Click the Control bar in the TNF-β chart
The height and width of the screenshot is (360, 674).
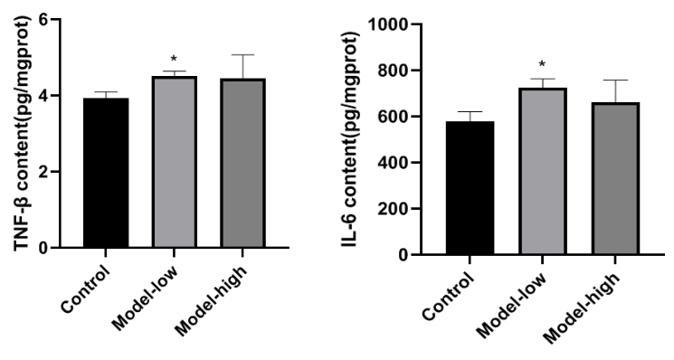(x=106, y=173)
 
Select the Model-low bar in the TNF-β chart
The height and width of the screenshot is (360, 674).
(x=174, y=162)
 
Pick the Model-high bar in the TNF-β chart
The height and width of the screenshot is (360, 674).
(x=242, y=163)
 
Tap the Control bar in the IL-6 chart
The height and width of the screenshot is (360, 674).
(x=470, y=188)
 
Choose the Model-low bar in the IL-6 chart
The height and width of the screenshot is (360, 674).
(x=543, y=171)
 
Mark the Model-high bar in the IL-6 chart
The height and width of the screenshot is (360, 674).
(x=615, y=178)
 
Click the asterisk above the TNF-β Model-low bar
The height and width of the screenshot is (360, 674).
(x=174, y=59)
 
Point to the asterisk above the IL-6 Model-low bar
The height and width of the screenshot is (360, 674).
(x=543, y=64)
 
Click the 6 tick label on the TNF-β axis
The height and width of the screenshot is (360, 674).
(x=43, y=19)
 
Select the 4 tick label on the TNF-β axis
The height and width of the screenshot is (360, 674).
(x=43, y=95)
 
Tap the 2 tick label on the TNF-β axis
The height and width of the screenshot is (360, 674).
(x=43, y=172)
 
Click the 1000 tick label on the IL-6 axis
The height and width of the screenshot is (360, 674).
(x=388, y=24)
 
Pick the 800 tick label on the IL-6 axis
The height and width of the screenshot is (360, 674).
(x=393, y=70)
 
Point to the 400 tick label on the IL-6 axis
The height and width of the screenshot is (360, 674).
(x=393, y=163)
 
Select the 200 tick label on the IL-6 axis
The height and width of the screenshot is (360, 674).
(x=393, y=208)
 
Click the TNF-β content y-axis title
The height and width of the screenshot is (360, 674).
(x=23, y=133)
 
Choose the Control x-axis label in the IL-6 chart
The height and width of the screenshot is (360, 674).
(x=449, y=297)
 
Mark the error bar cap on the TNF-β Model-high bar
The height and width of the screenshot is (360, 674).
(x=242, y=54)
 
